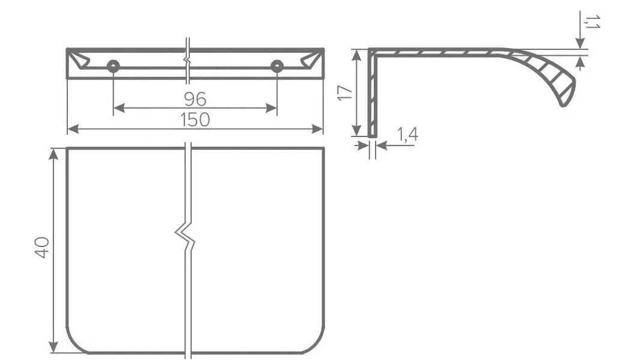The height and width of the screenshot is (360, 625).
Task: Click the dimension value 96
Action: click(x=195, y=99)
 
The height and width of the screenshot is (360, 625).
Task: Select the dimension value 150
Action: click(x=195, y=120)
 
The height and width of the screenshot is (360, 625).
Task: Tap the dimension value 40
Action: click(x=42, y=247)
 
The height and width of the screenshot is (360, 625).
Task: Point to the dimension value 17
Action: click(x=345, y=93)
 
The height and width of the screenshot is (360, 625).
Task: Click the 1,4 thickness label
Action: click(x=408, y=135)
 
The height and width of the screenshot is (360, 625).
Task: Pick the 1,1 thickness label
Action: click(x=593, y=22)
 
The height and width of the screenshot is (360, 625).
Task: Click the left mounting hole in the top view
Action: click(x=113, y=66)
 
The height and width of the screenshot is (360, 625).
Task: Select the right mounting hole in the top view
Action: click(x=277, y=66)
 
